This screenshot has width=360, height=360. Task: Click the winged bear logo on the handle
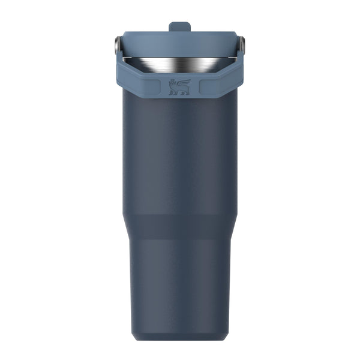click(179, 87)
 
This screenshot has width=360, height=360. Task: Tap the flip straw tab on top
click(179, 27)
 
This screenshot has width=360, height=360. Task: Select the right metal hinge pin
click(243, 44)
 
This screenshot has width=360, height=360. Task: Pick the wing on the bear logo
click(184, 83)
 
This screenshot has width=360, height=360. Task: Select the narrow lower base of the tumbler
click(179, 282)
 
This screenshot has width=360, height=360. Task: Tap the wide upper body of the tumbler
click(179, 156)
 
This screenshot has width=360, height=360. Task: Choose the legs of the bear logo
click(178, 92)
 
